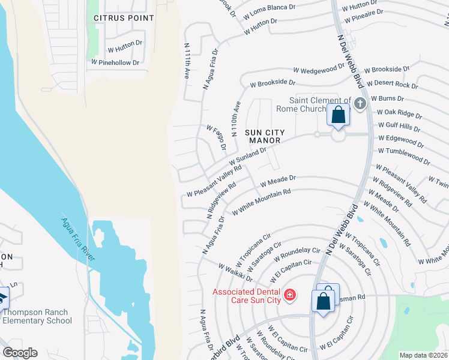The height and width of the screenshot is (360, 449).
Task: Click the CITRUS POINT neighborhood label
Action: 124,18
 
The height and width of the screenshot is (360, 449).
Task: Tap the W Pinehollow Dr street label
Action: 115,62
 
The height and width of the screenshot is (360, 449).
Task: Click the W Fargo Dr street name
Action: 216,137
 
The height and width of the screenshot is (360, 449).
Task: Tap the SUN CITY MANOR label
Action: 265,136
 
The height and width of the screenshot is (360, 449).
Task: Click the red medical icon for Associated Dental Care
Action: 289,295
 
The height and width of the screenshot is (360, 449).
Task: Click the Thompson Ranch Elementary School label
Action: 37,316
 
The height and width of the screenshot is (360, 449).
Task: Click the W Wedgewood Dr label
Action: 326,70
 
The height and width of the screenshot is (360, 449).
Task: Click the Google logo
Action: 19,353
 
